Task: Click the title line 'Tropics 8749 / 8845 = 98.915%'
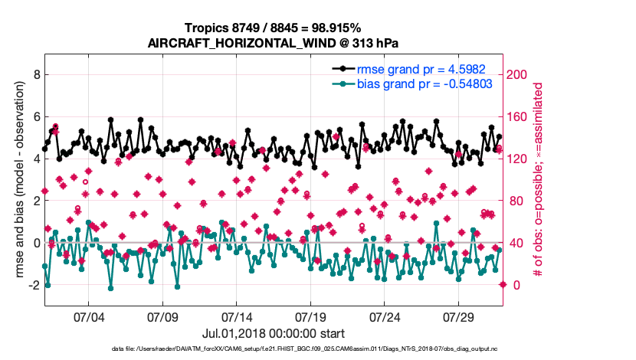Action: pyautogui.click(x=272, y=28)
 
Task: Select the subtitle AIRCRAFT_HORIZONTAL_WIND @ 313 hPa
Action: pyautogui.click(x=272, y=43)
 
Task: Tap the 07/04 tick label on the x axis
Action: pyautogui.click(x=88, y=316)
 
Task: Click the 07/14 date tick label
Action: pyautogui.click(x=236, y=316)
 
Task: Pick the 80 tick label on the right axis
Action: pyautogui.click(x=515, y=201)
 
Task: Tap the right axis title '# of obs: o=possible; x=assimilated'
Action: pyautogui.click(x=538, y=180)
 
